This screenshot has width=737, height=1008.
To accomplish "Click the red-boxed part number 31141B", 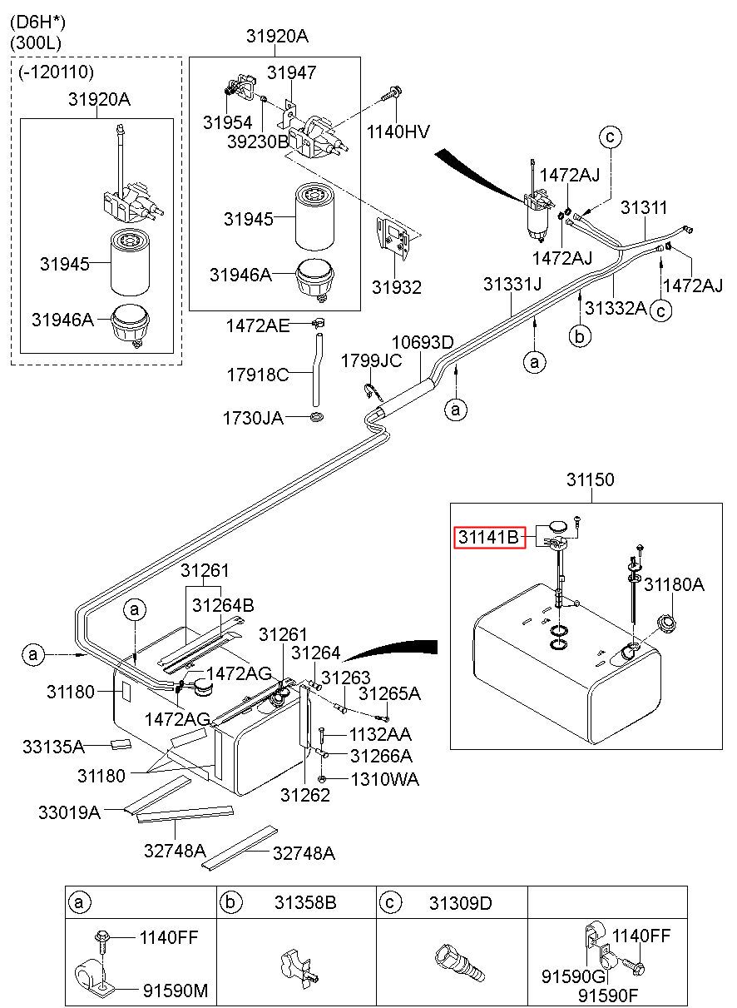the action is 489,537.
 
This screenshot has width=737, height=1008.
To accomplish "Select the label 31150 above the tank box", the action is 590,479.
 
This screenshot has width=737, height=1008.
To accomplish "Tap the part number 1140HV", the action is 398,132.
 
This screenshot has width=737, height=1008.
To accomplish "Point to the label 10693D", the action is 423,343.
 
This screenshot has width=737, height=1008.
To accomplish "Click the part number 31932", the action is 396,287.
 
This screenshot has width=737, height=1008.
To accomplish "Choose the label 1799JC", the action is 371,361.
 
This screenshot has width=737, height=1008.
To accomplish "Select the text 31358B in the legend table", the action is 305,902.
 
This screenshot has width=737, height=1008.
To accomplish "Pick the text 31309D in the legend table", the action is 461,902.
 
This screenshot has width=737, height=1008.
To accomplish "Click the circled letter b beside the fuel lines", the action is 580,336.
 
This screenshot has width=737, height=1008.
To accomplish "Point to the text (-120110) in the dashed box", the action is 57,72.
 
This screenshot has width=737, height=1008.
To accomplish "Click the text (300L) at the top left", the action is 36,43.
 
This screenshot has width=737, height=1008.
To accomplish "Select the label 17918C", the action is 257,375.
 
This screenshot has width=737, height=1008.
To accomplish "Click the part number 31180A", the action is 674,584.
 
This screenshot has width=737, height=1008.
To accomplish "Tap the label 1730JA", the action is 253,419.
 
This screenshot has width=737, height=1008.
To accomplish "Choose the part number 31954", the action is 228,122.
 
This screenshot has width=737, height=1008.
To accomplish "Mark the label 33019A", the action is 69,812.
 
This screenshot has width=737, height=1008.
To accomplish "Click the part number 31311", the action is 644,208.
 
